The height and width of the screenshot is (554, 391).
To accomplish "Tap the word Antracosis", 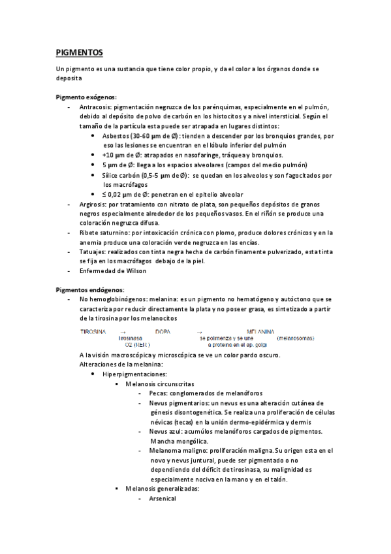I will [x=97, y=106].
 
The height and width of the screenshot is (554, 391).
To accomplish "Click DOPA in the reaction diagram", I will [x=163, y=332].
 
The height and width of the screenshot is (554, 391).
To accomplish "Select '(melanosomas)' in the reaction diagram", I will [x=295, y=338].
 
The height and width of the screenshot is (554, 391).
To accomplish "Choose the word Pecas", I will [x=157, y=394].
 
